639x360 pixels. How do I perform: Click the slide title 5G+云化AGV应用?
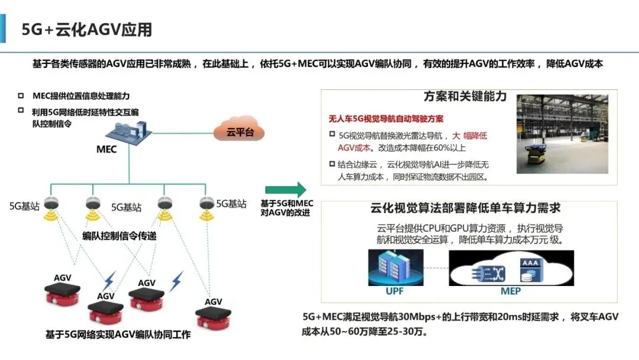click(87, 30)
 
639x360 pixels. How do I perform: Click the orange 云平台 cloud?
click(239, 129)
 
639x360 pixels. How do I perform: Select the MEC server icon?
click(129, 132)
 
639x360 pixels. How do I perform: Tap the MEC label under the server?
click(106, 149)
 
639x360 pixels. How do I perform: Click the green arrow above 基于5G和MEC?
click(286, 189)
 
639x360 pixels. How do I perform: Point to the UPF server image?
click(396, 268)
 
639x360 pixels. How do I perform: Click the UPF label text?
click(395, 291)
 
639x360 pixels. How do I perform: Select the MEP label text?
click(511, 291)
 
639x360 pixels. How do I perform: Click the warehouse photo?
click(563, 134)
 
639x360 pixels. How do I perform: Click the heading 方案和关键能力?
click(465, 97)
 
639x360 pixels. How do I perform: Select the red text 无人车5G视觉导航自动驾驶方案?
click(386, 118)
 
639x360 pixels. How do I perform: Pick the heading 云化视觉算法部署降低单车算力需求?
click(466, 208)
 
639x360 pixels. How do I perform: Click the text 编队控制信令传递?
click(119, 236)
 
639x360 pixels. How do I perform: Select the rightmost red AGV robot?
click(213, 317)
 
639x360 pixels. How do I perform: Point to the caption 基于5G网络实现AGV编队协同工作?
click(118, 335)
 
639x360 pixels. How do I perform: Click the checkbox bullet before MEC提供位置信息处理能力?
click(21, 96)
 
